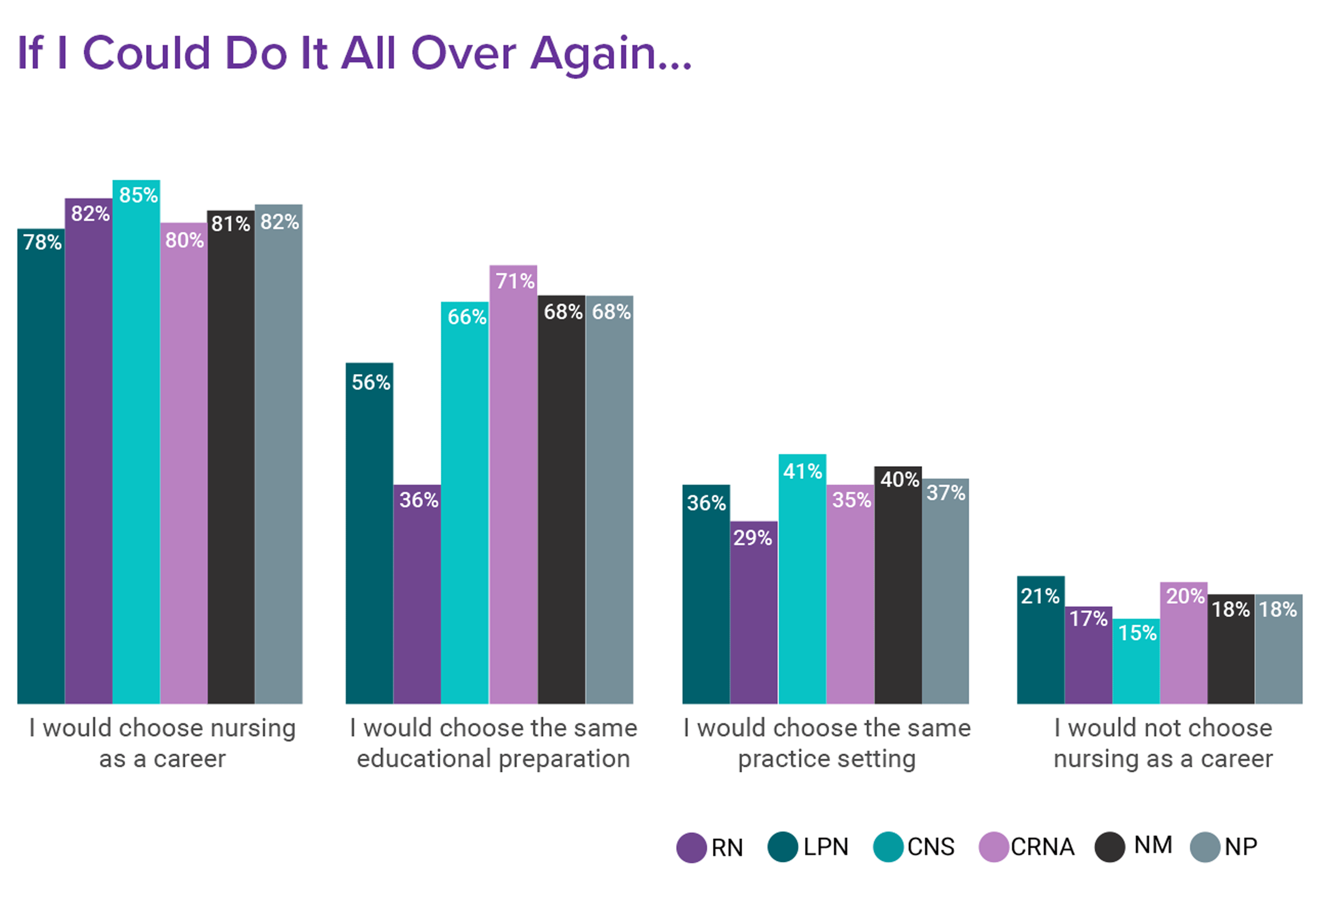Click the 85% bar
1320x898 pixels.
point(136,443)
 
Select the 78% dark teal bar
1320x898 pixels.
point(41,465)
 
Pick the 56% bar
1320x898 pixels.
point(369,533)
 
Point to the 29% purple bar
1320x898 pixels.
point(754,613)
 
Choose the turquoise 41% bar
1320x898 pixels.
point(802,579)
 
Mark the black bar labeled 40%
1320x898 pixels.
point(898,585)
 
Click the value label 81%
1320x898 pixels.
point(231,224)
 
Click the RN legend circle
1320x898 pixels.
point(691,847)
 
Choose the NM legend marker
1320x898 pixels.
point(1110,847)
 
